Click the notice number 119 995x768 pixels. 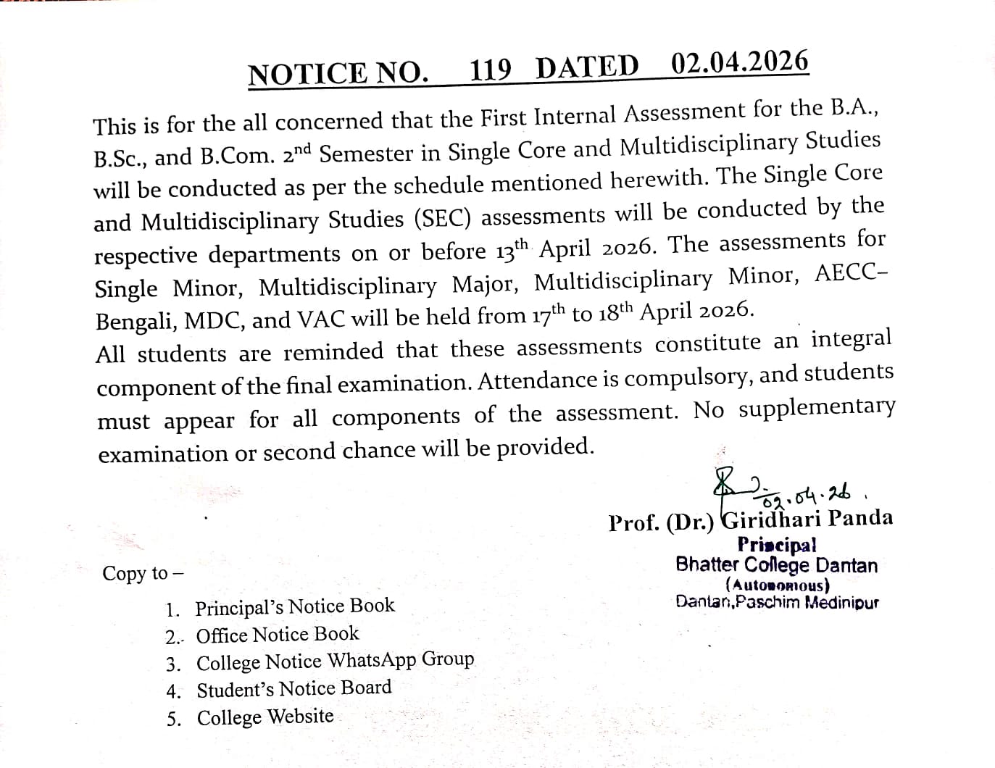pyautogui.click(x=491, y=70)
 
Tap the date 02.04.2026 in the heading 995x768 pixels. pyautogui.click(x=739, y=64)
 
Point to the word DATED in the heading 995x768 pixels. pyautogui.click(x=588, y=67)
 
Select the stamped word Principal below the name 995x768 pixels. pyautogui.click(x=776, y=544)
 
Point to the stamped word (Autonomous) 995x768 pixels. pyautogui.click(x=777, y=585)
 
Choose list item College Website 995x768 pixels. pyautogui.click(x=265, y=717)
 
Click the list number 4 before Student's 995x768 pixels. pyautogui.click(x=172, y=690)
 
